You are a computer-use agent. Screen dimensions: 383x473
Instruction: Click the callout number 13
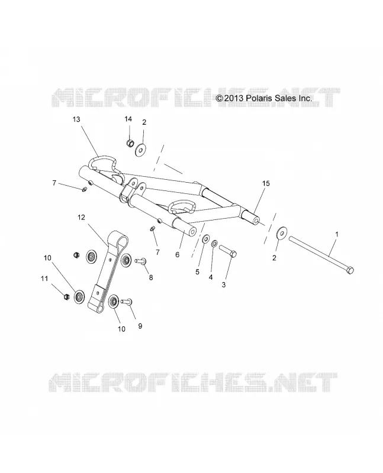(76, 119)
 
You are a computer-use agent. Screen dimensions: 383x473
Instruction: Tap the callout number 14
(128, 119)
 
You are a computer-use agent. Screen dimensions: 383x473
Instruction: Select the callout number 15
(266, 183)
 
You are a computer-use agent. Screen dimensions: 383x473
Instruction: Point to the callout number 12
(81, 217)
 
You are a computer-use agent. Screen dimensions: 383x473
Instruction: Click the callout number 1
(337, 234)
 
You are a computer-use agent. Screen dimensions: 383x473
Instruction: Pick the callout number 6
(178, 255)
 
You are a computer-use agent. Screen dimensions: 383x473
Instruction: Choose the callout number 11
(44, 278)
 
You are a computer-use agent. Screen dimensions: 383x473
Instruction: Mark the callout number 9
(140, 326)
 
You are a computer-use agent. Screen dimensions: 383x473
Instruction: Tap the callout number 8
(151, 277)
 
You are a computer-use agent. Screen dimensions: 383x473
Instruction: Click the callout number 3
(224, 284)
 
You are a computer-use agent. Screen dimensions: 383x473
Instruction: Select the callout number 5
(197, 272)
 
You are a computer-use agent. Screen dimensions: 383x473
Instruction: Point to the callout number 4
(211, 277)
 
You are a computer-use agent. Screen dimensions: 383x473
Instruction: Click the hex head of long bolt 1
(350, 270)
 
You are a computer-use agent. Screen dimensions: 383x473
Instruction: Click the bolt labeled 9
(127, 302)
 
